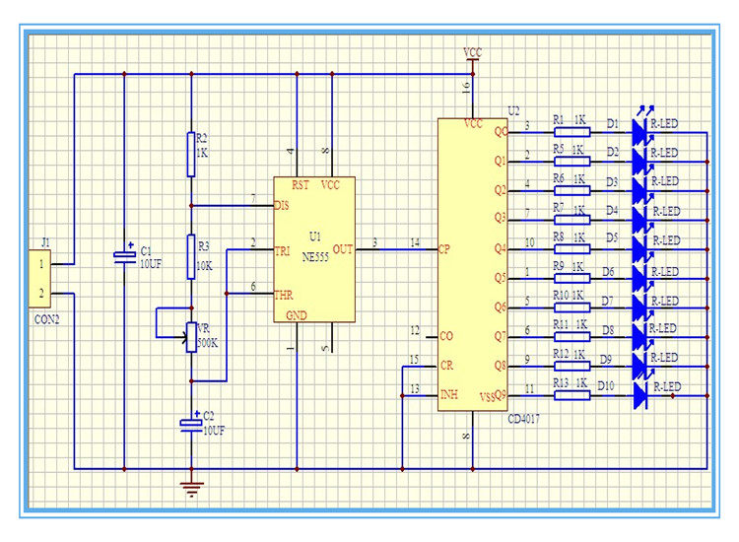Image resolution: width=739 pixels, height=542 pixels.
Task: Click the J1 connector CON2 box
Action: click(40, 278)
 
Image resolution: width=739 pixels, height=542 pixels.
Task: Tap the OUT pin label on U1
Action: click(343, 249)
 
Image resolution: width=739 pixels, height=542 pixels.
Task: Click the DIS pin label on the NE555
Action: click(282, 206)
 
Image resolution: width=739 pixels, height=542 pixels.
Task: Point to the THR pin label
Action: click(284, 293)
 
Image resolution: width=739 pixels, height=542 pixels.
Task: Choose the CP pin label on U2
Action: click(445, 249)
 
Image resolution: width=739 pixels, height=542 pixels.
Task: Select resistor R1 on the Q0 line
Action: click(570, 130)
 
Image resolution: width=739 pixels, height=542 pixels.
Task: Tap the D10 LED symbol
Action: click(639, 396)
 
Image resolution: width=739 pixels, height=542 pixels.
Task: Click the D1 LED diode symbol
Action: click(639, 130)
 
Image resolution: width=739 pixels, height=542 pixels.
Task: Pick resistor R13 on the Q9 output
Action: click(570, 396)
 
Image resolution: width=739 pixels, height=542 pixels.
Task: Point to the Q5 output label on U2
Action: click(501, 278)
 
